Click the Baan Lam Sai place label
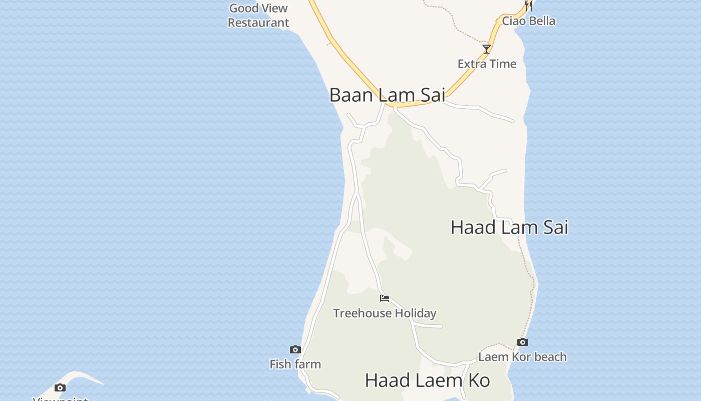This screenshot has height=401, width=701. [387, 95]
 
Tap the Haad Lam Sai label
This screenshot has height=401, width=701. [509, 227]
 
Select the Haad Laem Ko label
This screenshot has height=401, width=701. [427, 380]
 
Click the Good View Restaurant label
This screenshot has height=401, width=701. [258, 15]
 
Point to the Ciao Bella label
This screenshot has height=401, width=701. [528, 21]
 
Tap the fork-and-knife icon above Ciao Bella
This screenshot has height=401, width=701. [528, 6]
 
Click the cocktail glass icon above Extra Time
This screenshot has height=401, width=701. [486, 49]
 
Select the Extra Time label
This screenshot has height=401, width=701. [487, 64]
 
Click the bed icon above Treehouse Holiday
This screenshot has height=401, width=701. [385, 298]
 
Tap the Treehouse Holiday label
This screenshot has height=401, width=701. [385, 313]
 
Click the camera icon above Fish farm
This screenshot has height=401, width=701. [295, 349]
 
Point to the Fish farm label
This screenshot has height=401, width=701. [295, 364]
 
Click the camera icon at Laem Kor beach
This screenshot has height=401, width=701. [522, 342]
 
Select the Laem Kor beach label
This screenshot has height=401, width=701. [522, 357]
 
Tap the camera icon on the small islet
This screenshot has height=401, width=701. [60, 387]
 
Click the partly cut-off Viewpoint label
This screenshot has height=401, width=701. [60, 398]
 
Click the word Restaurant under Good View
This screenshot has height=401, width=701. [258, 23]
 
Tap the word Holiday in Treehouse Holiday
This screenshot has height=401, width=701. [415, 313]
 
